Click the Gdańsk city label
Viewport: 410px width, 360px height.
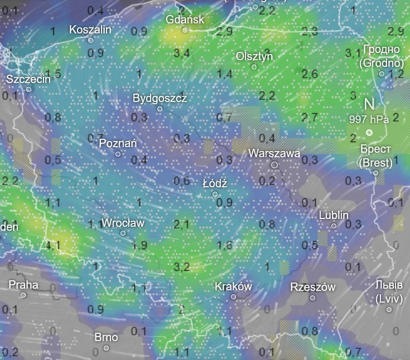click(185, 20)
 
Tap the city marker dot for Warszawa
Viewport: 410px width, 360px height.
click(274, 165)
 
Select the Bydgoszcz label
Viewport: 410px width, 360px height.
click(160, 98)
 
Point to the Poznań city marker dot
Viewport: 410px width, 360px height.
click(118, 154)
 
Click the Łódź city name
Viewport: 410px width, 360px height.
click(215, 183)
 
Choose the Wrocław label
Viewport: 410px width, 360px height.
click(123, 223)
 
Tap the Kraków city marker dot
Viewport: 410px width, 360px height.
click(233, 297)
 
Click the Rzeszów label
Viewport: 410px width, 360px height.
click(312, 287)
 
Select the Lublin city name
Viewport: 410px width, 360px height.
click(334, 215)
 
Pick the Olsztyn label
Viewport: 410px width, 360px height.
click(254, 56)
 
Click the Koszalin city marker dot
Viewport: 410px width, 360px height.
click(90, 40)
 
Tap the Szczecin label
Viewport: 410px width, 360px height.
click(28, 79)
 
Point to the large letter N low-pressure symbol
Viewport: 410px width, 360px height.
click(369, 104)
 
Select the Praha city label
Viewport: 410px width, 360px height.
click(23, 285)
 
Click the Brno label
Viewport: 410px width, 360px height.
click(106, 337)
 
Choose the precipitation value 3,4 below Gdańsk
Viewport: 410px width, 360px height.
click(181, 53)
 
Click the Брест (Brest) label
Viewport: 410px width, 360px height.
click(375, 156)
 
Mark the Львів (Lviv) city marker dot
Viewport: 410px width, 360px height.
click(389, 309)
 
